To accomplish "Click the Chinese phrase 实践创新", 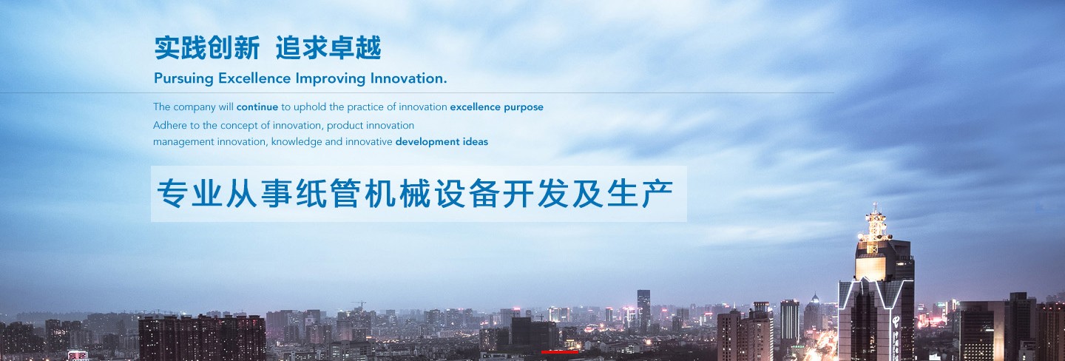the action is click(x=207, y=48).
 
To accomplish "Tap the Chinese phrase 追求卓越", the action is click(x=328, y=48).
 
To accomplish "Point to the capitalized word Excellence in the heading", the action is click(x=254, y=78).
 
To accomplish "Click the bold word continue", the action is click(x=257, y=107).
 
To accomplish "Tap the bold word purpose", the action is click(x=524, y=108).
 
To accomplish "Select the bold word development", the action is click(x=427, y=142).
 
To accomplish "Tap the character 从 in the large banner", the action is click(x=242, y=194).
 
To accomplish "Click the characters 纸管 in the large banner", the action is click(x=328, y=194).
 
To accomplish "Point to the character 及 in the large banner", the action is click(x=588, y=194).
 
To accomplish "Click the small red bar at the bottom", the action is click(x=560, y=352).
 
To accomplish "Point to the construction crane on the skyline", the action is click(x=359, y=304).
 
